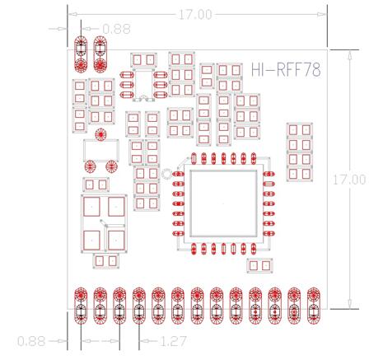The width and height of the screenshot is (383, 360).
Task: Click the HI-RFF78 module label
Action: tap(286, 70)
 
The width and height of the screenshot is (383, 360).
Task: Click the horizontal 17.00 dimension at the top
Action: tap(195, 15)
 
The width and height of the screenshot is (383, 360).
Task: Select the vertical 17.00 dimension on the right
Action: tap(349, 180)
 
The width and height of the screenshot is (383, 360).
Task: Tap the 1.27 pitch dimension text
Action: tap(173, 341)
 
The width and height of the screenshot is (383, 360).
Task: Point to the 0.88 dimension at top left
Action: tap(116, 29)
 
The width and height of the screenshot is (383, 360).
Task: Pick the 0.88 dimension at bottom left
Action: tap(31, 341)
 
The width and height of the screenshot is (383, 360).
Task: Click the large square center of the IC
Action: tap(223, 203)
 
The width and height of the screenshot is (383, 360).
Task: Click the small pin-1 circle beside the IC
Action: tap(166, 174)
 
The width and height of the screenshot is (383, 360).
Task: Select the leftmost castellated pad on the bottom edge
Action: tap(81, 306)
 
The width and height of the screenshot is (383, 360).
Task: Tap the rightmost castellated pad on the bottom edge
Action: tap(314, 306)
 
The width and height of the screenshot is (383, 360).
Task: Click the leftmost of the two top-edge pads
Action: tap(81, 55)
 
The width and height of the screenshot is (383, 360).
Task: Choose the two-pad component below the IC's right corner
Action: tap(259, 265)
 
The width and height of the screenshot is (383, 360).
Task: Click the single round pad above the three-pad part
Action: tap(100, 134)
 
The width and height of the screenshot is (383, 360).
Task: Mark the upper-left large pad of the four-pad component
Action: tap(91, 207)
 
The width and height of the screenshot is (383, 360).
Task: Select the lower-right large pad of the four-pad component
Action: tap(116, 241)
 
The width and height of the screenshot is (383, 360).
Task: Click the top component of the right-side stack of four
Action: tap(300, 130)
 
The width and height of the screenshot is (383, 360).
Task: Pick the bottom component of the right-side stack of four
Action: tap(300, 174)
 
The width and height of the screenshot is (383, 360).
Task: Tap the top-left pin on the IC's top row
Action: tap(194, 158)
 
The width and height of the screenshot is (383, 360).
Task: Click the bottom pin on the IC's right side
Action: tap(269, 233)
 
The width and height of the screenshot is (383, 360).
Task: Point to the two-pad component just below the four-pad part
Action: tap(106, 261)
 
